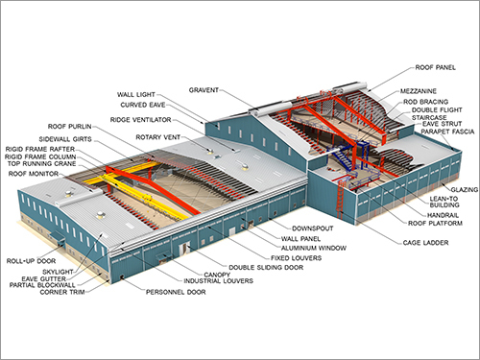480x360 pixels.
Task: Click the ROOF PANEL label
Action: (435, 69)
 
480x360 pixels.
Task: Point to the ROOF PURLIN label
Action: (72, 126)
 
